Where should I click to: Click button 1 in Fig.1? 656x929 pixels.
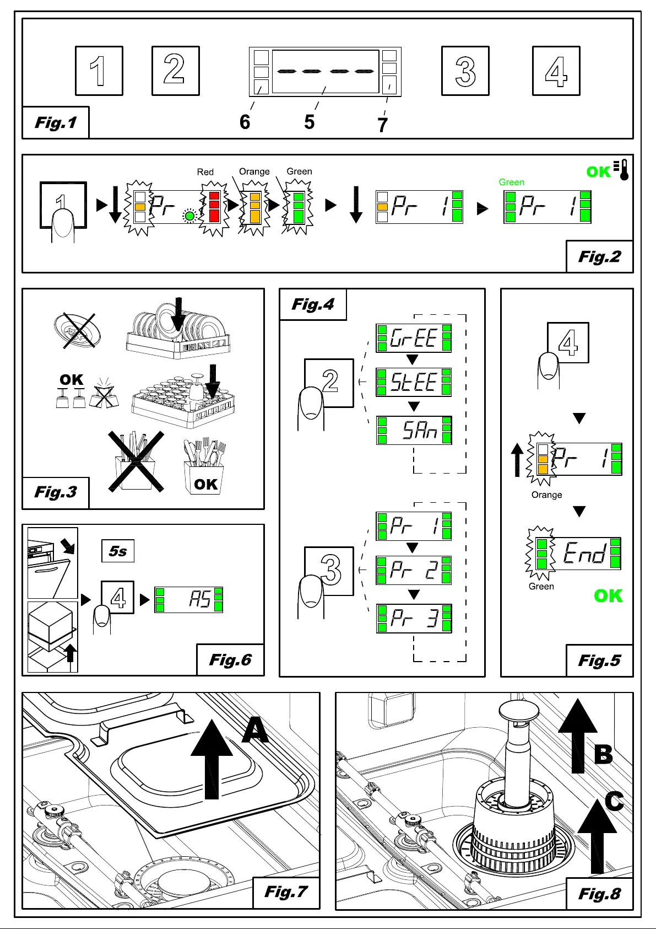(x=99, y=71)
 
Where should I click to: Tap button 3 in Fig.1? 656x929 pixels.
(x=465, y=71)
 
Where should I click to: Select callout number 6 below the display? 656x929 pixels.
(x=245, y=122)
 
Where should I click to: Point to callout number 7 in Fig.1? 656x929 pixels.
(x=382, y=125)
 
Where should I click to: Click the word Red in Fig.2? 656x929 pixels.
(x=205, y=171)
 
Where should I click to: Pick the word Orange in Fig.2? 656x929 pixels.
(x=254, y=171)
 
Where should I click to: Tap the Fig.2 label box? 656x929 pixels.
(x=599, y=257)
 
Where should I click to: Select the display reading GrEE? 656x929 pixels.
(x=414, y=338)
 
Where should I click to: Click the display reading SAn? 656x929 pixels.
(x=414, y=430)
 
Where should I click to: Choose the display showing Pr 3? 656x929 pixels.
(x=414, y=618)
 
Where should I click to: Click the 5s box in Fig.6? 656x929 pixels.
(x=118, y=551)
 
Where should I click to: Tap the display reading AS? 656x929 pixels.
(x=188, y=599)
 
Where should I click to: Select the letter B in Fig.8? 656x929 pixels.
(x=603, y=754)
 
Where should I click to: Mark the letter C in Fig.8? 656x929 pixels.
(x=614, y=801)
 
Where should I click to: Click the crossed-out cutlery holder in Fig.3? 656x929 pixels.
(x=136, y=461)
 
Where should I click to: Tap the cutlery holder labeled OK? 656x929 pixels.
(x=204, y=467)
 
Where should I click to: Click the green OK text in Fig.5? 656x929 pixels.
(x=608, y=596)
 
